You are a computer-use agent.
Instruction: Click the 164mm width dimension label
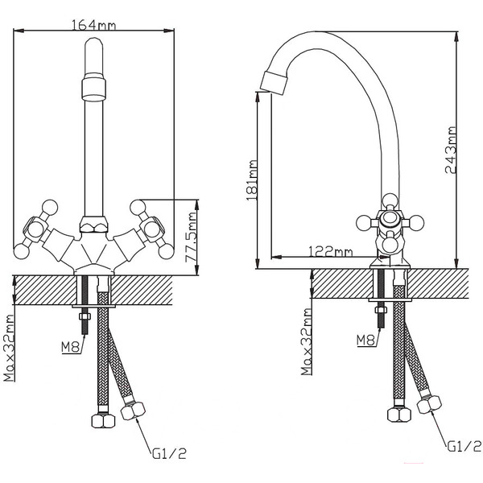tap(95, 24)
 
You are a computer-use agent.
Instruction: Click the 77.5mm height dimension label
tap(192, 235)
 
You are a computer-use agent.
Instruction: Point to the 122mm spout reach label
tap(330, 252)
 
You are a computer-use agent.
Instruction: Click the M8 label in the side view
tap(364, 340)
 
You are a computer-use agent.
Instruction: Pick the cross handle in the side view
tap(390, 221)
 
